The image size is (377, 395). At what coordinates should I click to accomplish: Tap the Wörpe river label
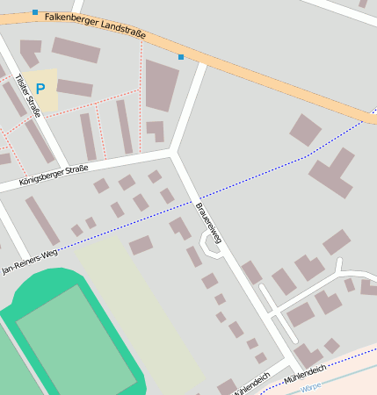310,387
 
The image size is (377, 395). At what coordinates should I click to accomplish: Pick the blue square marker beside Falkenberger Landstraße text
35,12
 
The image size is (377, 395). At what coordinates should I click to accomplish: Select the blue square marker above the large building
181,57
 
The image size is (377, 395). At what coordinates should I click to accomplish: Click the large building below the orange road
161,84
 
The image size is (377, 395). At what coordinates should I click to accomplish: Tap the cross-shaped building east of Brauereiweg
331,172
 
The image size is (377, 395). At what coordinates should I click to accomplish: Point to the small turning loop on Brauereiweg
212,247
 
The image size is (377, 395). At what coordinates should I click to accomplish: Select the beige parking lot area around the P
41,91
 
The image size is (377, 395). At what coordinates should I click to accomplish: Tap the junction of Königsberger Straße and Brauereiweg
172,153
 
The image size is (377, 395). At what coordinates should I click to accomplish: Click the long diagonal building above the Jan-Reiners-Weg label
42,220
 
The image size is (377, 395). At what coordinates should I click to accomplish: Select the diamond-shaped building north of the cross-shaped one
305,129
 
